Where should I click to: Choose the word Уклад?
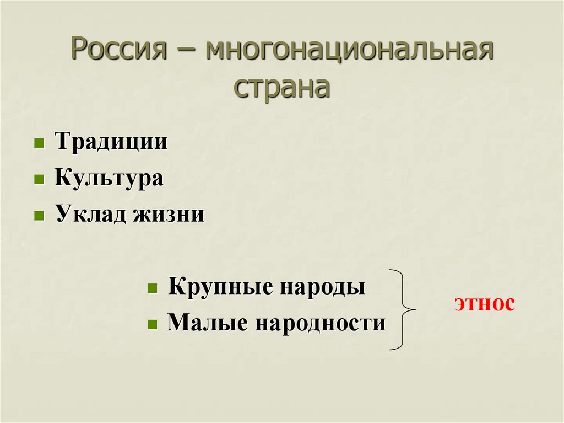[x=90, y=214]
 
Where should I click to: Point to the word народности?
[x=319, y=323]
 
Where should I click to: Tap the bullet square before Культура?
[x=39, y=180]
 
